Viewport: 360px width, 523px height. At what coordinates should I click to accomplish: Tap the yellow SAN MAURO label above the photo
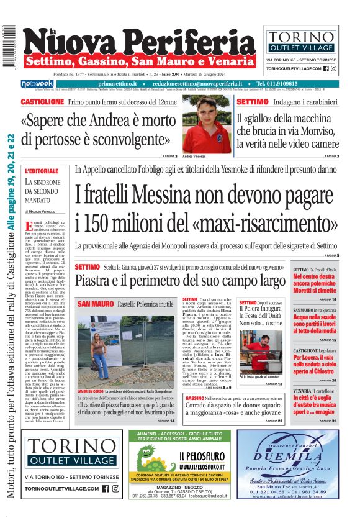(x=95, y=304)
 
